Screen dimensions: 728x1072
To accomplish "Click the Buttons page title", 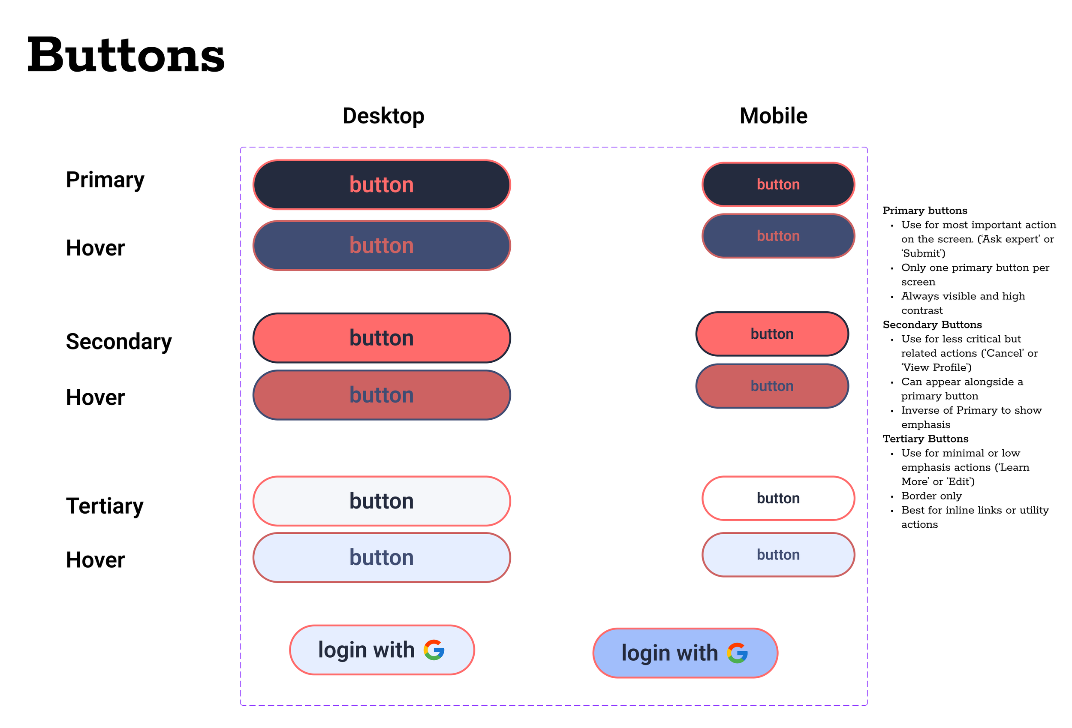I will tap(126, 55).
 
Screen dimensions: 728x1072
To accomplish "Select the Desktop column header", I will tap(383, 116).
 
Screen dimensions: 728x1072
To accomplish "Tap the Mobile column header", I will tap(773, 116).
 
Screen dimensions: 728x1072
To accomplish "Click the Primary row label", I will tap(105, 180).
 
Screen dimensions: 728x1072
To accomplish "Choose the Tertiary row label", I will tap(104, 506).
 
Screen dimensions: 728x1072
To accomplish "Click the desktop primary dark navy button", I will tap(382, 185).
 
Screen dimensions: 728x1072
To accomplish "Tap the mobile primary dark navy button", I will tap(778, 184).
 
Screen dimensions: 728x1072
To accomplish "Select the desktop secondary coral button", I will tap(382, 338).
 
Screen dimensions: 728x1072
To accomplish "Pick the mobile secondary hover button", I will tap(772, 386).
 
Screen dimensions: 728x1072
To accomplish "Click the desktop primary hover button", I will tap(382, 245).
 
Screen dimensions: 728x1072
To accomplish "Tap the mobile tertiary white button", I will tap(778, 498).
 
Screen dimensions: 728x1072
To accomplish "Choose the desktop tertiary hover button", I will tap(382, 557).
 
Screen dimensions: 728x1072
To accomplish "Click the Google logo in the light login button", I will tap(434, 650).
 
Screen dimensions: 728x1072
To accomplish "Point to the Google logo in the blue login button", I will tap(737, 653).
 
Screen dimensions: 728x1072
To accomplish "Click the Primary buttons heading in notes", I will tap(924, 211).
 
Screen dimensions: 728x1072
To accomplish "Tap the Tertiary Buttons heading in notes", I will tap(925, 439).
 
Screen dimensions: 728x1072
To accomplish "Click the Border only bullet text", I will tap(931, 496).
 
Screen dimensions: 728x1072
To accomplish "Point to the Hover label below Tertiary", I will tap(95, 560).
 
